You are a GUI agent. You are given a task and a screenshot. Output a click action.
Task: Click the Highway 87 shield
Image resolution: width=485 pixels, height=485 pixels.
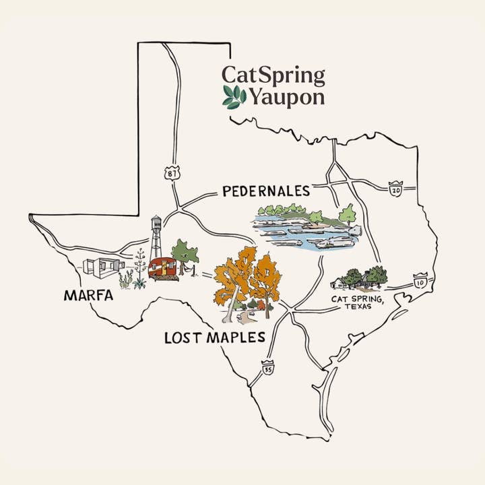point(172,173)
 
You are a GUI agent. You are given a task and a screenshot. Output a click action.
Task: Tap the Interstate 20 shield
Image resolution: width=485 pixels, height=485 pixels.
point(396,190)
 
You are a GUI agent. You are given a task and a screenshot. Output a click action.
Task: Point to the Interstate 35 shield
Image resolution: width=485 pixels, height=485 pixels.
point(268,370)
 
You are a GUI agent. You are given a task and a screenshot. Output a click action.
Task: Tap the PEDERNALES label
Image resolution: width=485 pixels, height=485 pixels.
point(265,191)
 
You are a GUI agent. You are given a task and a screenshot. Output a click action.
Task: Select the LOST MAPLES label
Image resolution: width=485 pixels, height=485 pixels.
point(214,337)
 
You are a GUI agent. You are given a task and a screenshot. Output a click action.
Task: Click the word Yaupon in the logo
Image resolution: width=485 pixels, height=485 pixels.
point(287,98)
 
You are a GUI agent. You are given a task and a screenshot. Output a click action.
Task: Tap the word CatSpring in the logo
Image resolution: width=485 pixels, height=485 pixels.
point(273,75)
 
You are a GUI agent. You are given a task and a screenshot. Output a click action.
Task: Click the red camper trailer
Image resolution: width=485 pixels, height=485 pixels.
point(161,267)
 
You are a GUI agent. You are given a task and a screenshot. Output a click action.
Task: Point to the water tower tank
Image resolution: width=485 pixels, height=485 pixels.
point(156,224)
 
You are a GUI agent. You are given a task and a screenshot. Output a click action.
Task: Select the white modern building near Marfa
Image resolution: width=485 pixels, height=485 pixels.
point(100,267)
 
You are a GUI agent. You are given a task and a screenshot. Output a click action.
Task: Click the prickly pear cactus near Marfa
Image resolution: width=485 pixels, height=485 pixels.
point(125,279)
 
